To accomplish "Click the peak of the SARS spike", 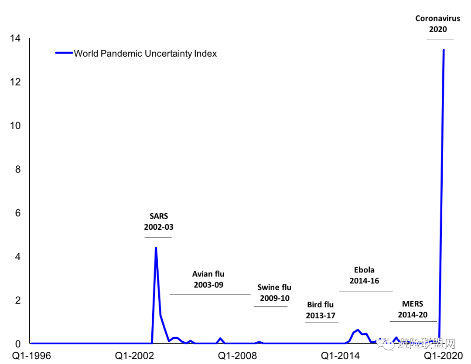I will click(x=156, y=248).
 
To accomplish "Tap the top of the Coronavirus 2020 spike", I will click(x=444, y=50).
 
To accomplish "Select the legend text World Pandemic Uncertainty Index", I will click(x=145, y=54).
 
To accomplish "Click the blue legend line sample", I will click(x=64, y=53).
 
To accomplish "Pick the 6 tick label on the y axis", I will click(x=17, y=213).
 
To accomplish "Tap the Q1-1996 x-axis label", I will click(x=31, y=356).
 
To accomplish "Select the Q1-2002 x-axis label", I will click(x=135, y=356).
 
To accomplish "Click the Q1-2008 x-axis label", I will click(x=238, y=356).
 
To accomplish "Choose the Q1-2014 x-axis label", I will click(x=341, y=356).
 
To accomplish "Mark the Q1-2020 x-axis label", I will click(x=444, y=356).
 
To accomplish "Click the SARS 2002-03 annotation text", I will click(x=159, y=221).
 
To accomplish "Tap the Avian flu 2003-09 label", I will click(x=208, y=279).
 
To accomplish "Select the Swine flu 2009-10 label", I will click(x=274, y=293).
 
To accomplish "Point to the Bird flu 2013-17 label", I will click(x=321, y=310).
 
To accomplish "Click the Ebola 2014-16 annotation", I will click(x=364, y=276).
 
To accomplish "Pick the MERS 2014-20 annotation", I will click(x=413, y=310).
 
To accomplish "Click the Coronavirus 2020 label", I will click(x=438, y=24).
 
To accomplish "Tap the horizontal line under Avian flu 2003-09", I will click(x=210, y=294).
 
